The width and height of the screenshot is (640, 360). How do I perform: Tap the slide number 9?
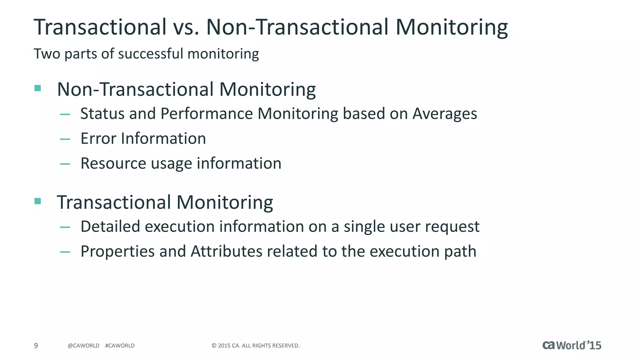[36, 346]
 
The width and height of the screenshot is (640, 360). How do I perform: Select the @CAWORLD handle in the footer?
[83, 346]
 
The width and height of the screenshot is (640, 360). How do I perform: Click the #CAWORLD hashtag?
[120, 346]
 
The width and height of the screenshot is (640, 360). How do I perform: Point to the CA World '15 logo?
[572, 345]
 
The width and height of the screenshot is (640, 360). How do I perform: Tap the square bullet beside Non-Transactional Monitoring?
[38, 88]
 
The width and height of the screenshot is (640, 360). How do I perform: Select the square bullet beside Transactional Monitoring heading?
[38, 201]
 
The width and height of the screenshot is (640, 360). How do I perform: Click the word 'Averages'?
[445, 113]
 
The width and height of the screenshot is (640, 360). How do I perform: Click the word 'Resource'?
[113, 163]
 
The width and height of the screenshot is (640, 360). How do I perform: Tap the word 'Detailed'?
[110, 226]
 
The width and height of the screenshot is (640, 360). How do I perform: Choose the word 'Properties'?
[117, 252]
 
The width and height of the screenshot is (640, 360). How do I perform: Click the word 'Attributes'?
[226, 251]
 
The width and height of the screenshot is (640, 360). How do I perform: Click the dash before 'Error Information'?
[65, 139]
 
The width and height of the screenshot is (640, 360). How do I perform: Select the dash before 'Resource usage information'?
[65, 164]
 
